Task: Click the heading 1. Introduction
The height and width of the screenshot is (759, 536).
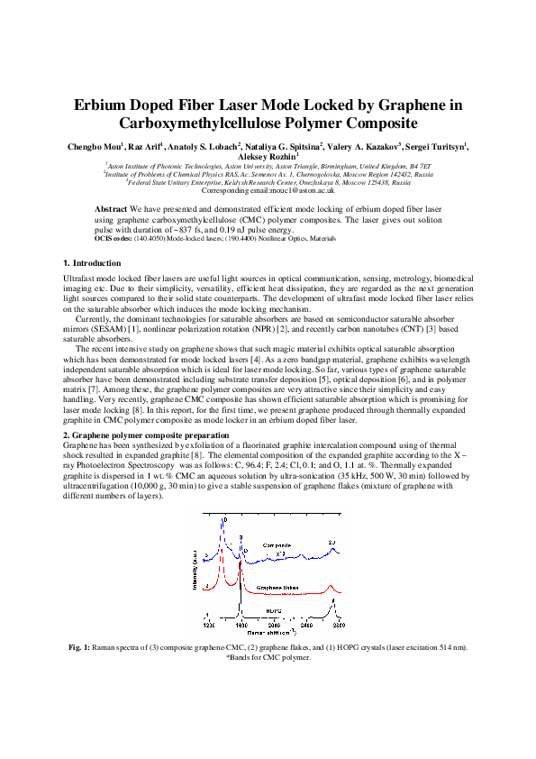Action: pos(91,262)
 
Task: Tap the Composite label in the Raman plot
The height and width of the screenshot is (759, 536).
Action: pos(277,546)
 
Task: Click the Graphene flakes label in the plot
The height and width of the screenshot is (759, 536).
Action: pos(277,587)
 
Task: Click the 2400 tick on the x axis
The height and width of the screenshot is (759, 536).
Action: pos(305,623)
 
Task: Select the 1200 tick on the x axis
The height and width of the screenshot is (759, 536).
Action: pos(209,623)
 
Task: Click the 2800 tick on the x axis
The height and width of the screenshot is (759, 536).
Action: pos(339,623)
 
